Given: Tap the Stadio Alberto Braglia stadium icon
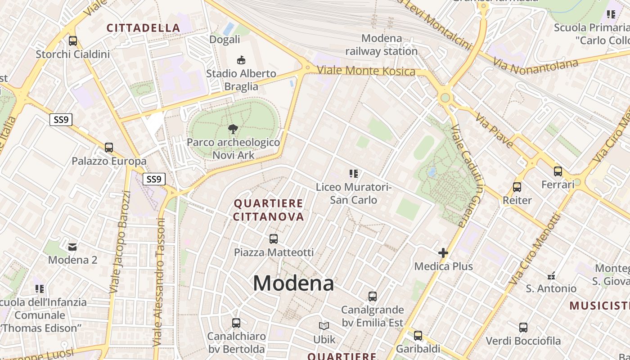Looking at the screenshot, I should click(241, 60).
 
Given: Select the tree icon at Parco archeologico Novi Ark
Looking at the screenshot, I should click(233, 130).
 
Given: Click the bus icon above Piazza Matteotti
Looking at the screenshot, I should click(274, 239).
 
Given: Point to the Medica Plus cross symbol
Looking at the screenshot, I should click(443, 253).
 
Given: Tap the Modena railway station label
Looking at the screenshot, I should click(382, 45).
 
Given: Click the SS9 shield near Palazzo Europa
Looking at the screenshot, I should click(61, 120).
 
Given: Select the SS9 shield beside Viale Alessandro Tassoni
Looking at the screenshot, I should click(154, 179).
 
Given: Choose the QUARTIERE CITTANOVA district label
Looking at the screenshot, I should click(269, 210).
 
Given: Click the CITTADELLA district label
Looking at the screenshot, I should click(143, 28).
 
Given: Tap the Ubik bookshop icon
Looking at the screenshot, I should click(324, 326).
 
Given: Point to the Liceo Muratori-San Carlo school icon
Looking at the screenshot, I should click(354, 173).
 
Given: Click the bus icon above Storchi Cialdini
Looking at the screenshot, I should click(73, 41).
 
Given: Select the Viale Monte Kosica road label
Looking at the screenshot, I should click(366, 71).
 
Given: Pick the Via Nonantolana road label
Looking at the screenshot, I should click(535, 64).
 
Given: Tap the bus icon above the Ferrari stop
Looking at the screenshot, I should click(558, 171).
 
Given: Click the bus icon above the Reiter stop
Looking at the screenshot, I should click(517, 187).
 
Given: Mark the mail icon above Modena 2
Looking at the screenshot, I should click(72, 247).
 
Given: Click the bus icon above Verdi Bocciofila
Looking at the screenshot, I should click(523, 328).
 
